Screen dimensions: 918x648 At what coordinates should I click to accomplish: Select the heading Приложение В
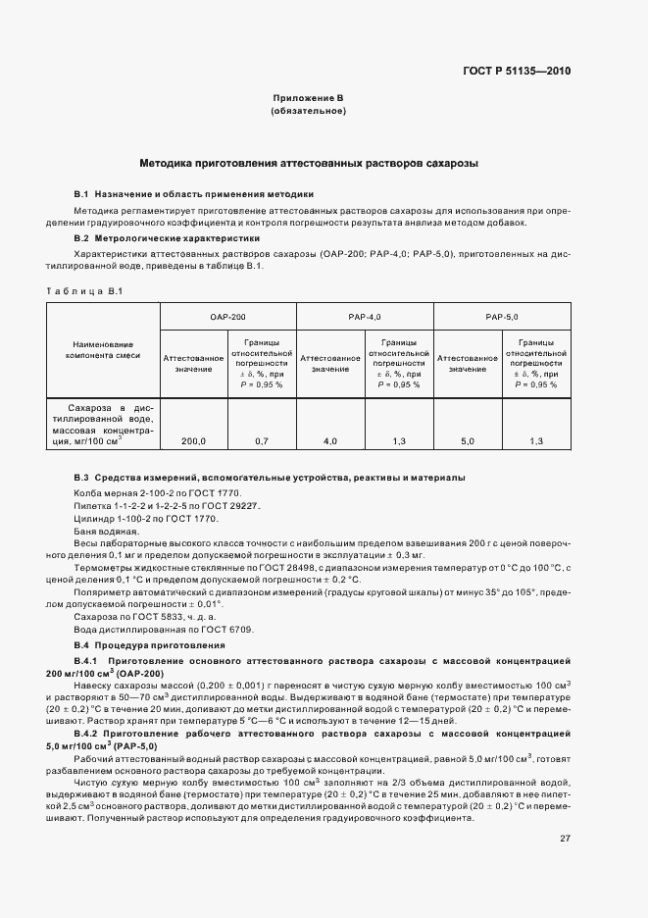(x=308, y=98)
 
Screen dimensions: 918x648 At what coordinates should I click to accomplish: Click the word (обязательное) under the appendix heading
(x=308, y=111)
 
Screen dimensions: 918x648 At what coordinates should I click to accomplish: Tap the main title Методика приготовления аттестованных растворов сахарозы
(x=308, y=163)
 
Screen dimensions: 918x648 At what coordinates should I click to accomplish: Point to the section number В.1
(x=82, y=194)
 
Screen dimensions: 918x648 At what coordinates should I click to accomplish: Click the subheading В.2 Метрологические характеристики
(x=167, y=237)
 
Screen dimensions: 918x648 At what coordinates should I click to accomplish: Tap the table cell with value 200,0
(x=193, y=441)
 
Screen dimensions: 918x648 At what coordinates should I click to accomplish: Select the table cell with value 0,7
(x=262, y=441)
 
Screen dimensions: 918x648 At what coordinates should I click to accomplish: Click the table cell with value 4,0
(x=330, y=441)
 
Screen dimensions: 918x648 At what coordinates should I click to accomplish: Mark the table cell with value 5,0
(x=467, y=441)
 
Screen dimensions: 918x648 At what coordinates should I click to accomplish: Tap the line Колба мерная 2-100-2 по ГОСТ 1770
(x=156, y=492)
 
